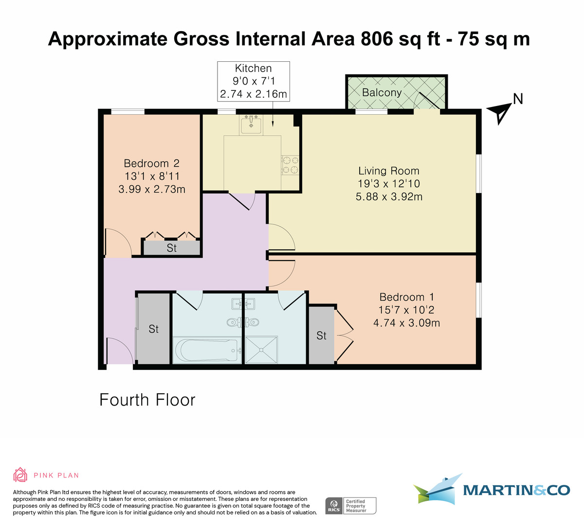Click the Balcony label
pos(382,92)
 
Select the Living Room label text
pos(388,171)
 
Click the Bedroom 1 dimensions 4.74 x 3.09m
pos(406,323)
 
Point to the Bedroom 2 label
pos(152,163)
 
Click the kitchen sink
pos(252,125)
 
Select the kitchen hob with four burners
pos(290,164)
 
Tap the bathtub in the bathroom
pos(207,350)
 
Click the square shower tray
pos(261,349)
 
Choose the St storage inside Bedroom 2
pos(171,248)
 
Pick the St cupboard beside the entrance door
pos(154,329)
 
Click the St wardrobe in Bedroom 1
pos(321,335)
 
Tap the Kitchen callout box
pos(253,81)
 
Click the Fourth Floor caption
pos(147,400)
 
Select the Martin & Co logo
pos(492,489)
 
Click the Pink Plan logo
pos(46,475)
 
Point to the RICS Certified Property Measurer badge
pos(350,506)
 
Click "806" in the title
pos(377,39)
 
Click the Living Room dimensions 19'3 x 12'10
pos(388,184)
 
